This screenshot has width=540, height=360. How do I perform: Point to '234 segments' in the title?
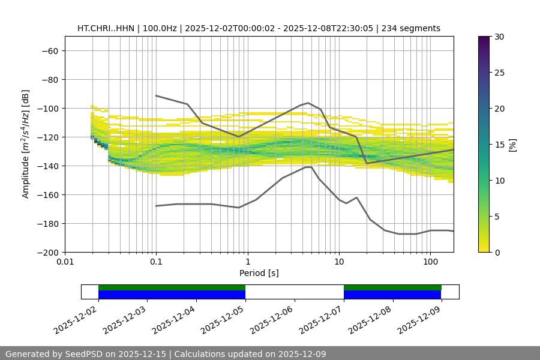tap(414, 28)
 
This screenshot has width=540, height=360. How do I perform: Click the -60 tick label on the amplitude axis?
tap(49, 50)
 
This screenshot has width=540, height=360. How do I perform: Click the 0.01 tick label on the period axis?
tap(65, 262)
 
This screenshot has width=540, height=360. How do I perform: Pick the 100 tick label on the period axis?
tap(430, 262)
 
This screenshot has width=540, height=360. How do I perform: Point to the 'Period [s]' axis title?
tap(259, 273)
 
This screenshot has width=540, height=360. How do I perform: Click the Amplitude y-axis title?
tap(26, 144)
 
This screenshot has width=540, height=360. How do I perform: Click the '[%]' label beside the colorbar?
tap(512, 145)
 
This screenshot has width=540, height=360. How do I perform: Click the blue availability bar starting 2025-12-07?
tap(392, 295)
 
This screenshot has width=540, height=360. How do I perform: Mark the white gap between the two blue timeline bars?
tap(295, 292)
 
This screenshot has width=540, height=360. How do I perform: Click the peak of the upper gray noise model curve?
tap(308, 103)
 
